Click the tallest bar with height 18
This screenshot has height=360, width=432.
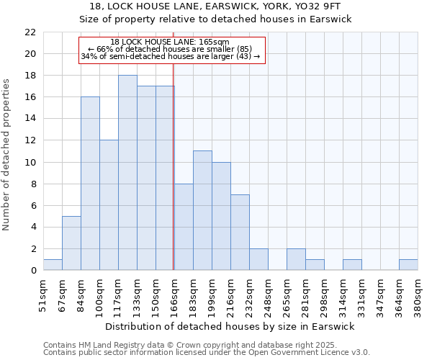(x=127, y=173)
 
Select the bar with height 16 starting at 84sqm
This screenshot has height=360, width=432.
(x=90, y=184)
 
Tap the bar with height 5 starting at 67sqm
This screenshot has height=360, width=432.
(x=71, y=243)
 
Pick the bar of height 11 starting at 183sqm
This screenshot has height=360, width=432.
(x=202, y=210)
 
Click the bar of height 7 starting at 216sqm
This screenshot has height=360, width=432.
(x=240, y=232)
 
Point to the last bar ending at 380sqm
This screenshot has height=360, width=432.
(x=408, y=264)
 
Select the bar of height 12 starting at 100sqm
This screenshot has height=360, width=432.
(x=109, y=205)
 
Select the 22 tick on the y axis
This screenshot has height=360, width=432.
(x=30, y=32)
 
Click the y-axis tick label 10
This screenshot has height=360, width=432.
(x=30, y=163)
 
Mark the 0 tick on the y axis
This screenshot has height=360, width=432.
(x=32, y=271)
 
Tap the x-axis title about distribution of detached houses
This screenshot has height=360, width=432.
(x=230, y=327)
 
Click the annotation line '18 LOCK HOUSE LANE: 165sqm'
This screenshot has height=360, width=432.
(x=171, y=42)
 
